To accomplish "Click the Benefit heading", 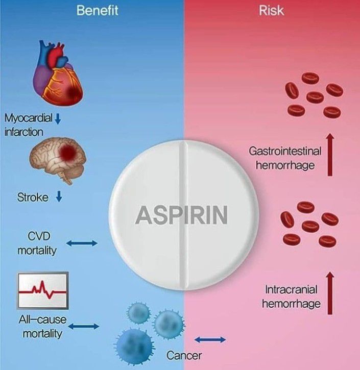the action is click(x=97, y=11).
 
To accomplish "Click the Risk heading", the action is click(x=271, y=11).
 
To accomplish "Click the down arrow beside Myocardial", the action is click(x=58, y=119).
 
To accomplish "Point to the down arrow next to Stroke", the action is click(x=59, y=196).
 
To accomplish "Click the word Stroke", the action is click(x=33, y=198).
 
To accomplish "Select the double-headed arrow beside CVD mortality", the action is click(x=81, y=243).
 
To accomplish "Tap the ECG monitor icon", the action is click(x=43, y=290).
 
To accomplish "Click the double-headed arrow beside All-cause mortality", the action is click(x=83, y=326).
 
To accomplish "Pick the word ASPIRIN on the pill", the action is click(x=181, y=215).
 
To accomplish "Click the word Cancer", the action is click(x=184, y=355).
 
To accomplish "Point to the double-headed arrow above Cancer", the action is click(x=210, y=340).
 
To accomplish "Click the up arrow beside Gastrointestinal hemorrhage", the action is click(x=330, y=155).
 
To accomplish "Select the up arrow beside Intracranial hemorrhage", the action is click(x=330, y=293).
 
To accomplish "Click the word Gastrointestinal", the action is click(x=285, y=151).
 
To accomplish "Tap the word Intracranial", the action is click(x=291, y=289).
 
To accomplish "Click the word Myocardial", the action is click(x=28, y=118).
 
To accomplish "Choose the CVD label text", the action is click(x=39, y=236).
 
